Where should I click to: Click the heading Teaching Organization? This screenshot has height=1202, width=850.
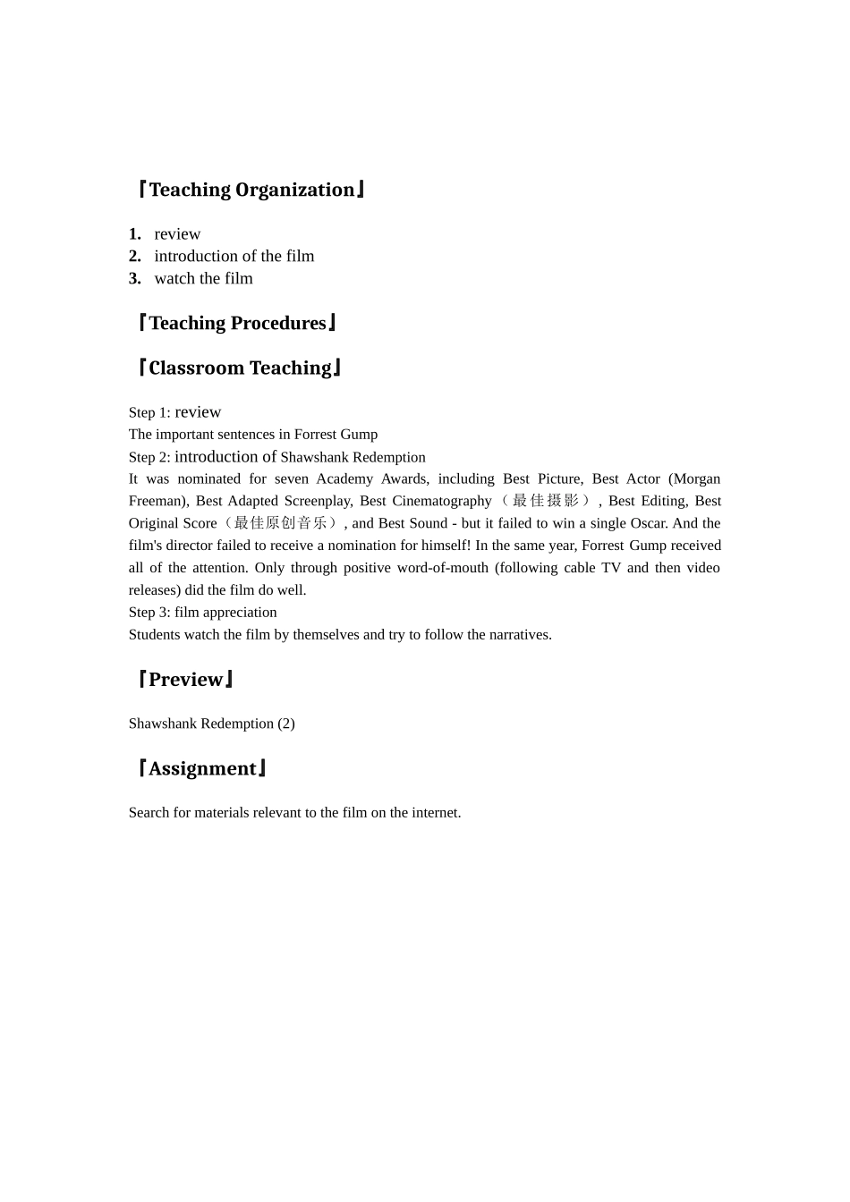251,190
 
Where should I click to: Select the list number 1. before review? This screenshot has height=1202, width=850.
135,234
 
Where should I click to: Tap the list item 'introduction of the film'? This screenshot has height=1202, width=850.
234,257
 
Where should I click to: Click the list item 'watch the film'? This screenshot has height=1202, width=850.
203,279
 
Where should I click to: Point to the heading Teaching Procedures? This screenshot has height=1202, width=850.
237,323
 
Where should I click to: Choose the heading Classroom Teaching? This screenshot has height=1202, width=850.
240,368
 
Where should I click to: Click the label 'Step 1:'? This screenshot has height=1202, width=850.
149,412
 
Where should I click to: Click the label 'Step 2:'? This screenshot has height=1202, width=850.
149,457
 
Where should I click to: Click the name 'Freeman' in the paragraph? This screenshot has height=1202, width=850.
157,502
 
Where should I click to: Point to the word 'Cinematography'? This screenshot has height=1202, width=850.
442,502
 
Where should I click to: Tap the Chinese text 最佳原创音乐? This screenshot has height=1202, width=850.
280,523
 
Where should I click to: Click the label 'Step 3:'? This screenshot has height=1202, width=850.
149,613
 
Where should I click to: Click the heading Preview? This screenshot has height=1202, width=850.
186,680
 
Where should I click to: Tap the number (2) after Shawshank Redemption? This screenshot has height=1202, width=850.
285,724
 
